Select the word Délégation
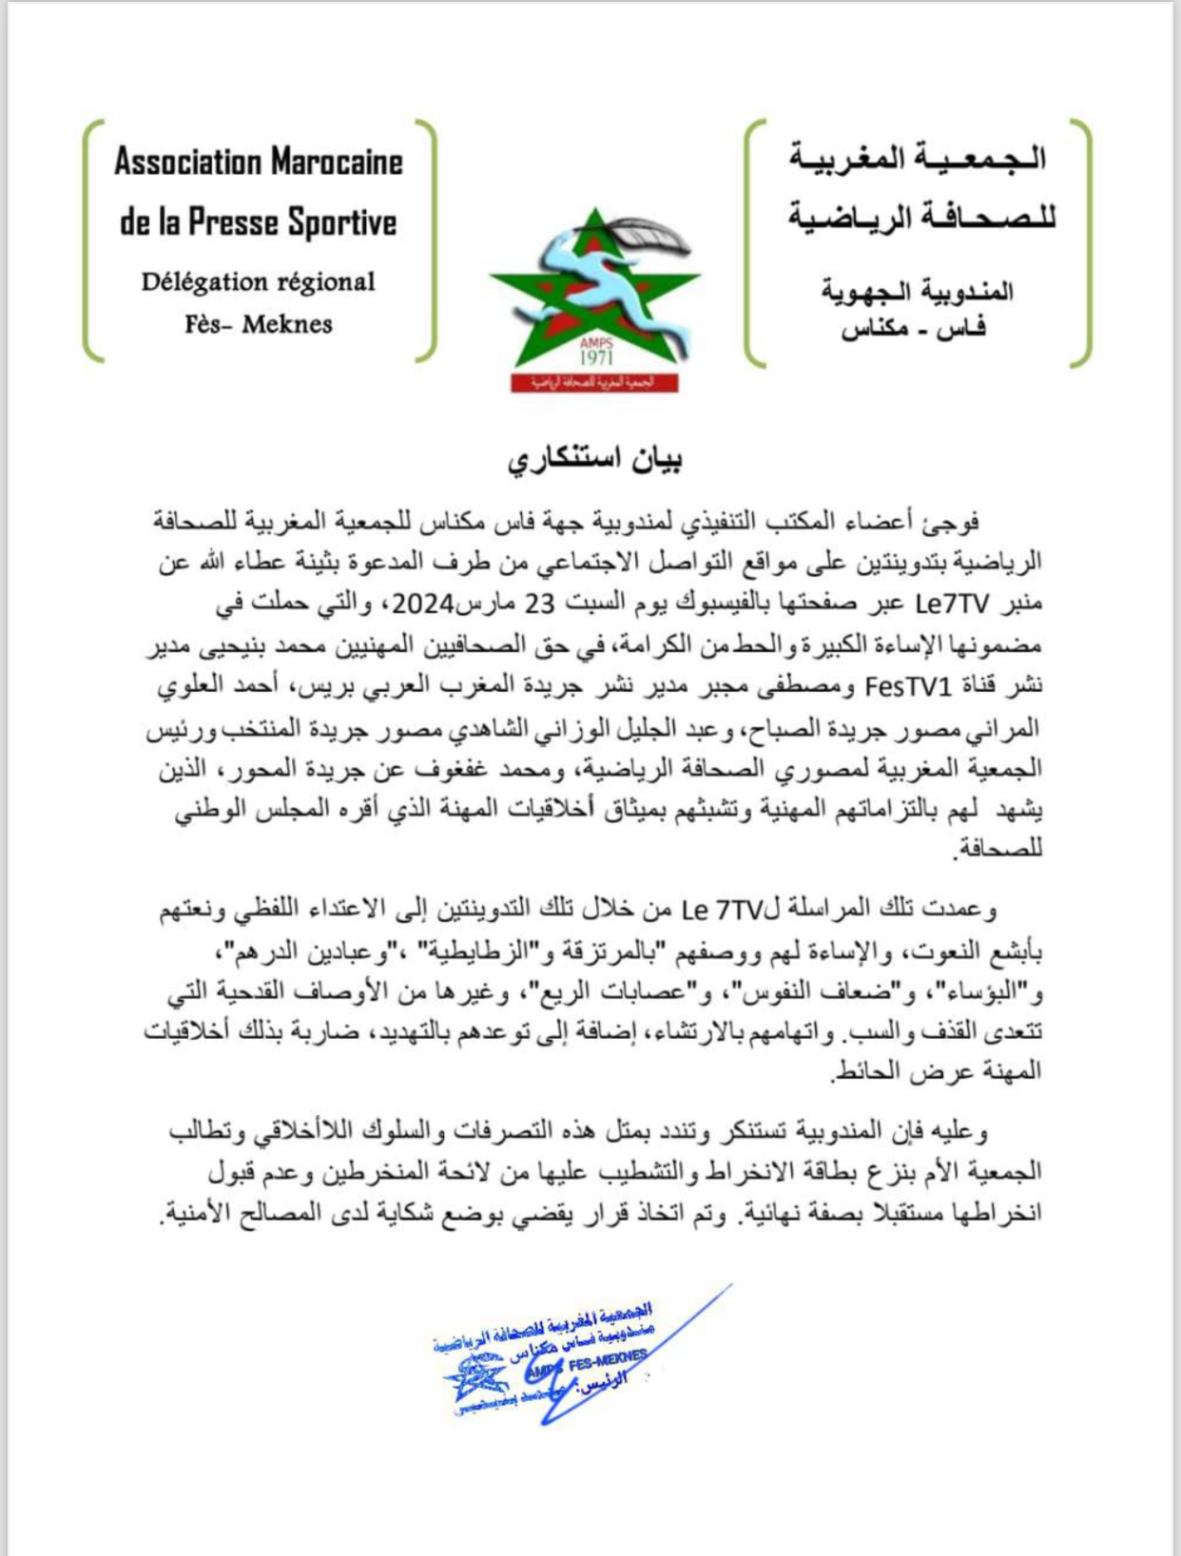coord(204,281)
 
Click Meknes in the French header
coord(287,324)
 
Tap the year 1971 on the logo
coord(596,357)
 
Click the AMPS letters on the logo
coord(596,342)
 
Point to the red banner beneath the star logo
coord(594,382)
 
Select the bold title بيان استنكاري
coord(594,459)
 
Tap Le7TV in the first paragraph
coord(953,604)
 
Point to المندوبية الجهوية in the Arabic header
coord(918,291)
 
